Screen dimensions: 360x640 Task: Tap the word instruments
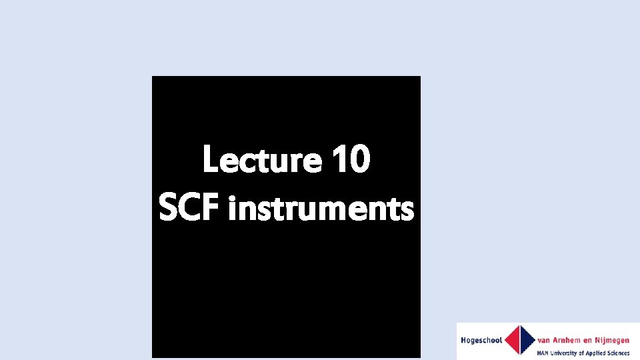point(321,210)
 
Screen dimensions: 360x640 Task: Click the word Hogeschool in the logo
point(481,341)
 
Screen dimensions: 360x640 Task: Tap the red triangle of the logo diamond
point(513,340)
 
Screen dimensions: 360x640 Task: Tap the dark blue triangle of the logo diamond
point(528,340)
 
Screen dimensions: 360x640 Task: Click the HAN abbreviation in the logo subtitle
point(544,353)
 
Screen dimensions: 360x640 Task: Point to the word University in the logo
point(567,353)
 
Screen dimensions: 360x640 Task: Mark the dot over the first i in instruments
point(231,197)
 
